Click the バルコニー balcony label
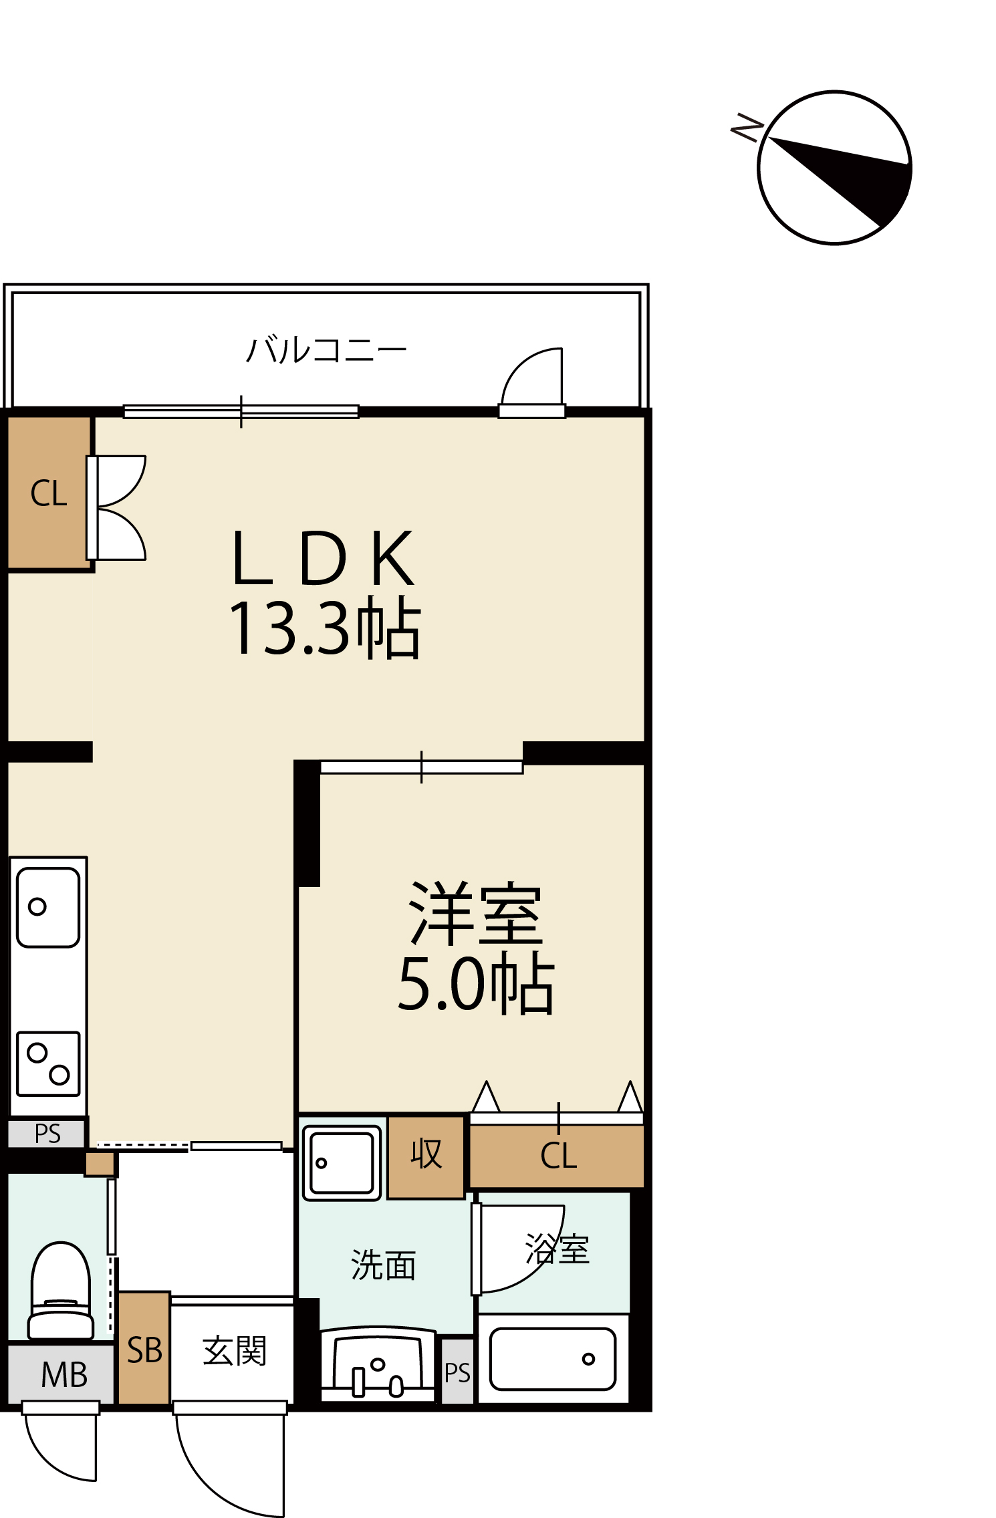pos(326,350)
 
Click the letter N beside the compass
pos(747,126)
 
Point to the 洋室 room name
pos(475,913)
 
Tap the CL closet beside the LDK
pos(49,493)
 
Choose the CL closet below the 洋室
pos(557,1156)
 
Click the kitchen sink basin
pos(48,907)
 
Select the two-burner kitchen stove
pos(48,1064)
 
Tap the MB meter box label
pos(64,1375)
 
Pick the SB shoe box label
pos(144,1350)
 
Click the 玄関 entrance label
pos(234,1351)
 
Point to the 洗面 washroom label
pos(383,1265)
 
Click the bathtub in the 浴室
pos(553,1359)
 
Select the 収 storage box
pos(426,1156)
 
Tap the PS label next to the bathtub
pos(457,1373)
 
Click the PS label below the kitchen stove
pos(47,1134)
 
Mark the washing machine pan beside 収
pos(342,1163)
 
